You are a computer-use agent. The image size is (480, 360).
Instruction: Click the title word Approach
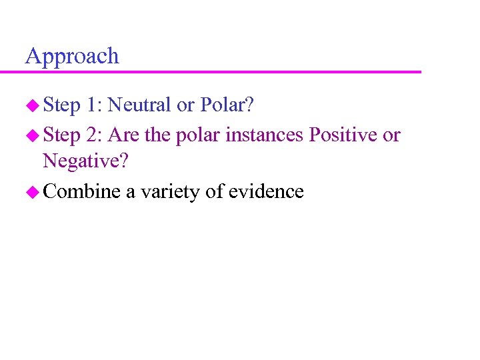72,56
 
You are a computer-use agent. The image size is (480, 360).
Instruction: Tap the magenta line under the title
223,71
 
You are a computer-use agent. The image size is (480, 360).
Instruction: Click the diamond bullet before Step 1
32,105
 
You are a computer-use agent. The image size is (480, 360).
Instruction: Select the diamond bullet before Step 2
32,135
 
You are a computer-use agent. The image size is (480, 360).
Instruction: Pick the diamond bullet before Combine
32,193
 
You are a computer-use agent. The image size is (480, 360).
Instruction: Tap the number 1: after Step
93,105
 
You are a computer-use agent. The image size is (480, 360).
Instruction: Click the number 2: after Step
93,135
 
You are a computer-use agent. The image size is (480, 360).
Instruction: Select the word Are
123,135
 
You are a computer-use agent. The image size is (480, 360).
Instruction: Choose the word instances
265,135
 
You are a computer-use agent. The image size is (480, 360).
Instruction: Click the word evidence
266,192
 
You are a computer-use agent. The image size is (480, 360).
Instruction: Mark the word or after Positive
391,135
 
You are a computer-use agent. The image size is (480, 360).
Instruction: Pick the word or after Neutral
186,105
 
